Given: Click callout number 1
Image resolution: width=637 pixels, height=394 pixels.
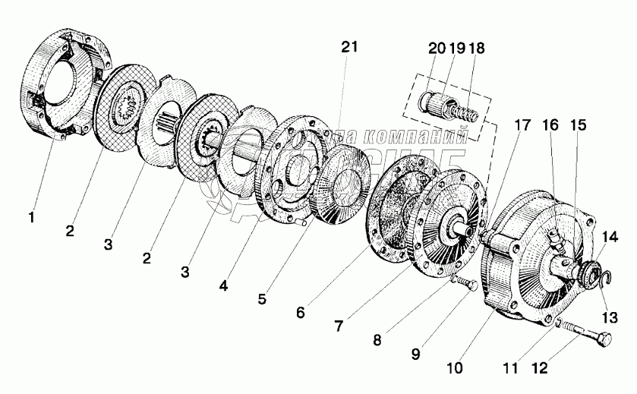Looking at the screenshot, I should [31, 219].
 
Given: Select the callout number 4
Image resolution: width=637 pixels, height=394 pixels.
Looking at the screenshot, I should [222, 287].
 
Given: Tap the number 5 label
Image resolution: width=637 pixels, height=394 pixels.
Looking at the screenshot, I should [261, 299].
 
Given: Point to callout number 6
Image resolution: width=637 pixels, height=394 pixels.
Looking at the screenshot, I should [301, 311].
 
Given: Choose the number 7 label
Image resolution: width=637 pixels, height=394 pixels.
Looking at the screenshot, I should [340, 324].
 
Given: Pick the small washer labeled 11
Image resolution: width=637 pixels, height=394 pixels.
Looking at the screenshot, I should [558, 324].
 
